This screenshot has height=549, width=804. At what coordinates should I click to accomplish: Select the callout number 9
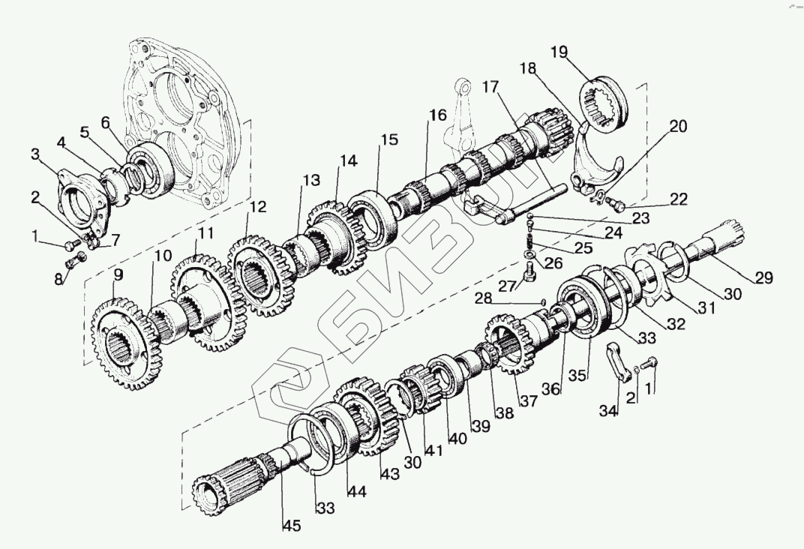click(x=118, y=275)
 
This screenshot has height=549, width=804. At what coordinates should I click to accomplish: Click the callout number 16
click(x=438, y=116)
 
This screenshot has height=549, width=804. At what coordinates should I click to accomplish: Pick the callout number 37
click(x=529, y=401)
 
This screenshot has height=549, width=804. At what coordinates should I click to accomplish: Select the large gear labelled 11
click(x=206, y=300)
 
